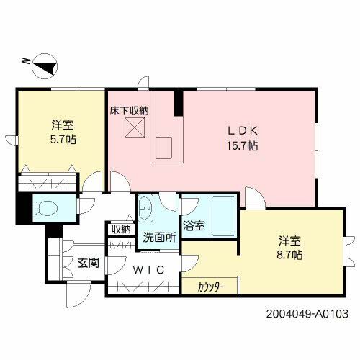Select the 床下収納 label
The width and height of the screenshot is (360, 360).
coord(129,112)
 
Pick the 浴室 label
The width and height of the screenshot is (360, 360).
coord(194,226)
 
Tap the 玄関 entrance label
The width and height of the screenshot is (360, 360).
coord(89,263)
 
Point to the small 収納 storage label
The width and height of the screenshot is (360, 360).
coord(121,229)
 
